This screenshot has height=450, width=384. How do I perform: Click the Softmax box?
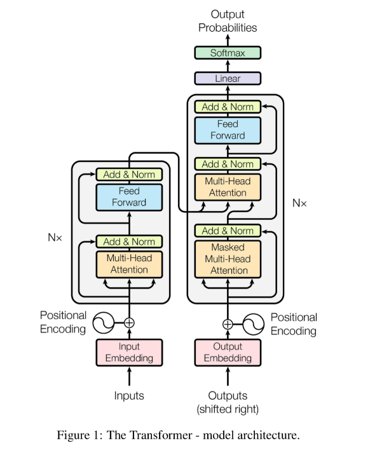[x=228, y=53]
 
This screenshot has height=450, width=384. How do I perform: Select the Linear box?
[x=228, y=78]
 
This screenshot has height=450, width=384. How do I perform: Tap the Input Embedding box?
[x=129, y=352]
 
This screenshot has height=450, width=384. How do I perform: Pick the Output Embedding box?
[x=228, y=352]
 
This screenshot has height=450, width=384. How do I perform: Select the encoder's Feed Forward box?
[x=129, y=196]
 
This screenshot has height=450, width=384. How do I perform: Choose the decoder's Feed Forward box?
[x=228, y=130]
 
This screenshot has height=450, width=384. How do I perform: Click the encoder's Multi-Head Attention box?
[x=129, y=264]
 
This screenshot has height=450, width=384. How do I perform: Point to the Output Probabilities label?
[x=228, y=21]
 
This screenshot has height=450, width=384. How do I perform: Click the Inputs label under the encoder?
[x=129, y=395]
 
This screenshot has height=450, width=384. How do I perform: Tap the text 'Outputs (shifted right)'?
[x=228, y=402]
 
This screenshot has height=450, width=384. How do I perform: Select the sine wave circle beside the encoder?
[x=104, y=322]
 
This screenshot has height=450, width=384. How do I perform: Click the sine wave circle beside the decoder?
[x=252, y=323]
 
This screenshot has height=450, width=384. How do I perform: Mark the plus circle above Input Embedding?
[x=129, y=322]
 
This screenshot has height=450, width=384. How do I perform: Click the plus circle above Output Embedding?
[x=228, y=323]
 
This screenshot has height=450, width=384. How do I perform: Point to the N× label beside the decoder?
[x=299, y=203]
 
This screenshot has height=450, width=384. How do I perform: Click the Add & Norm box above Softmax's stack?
[x=228, y=107]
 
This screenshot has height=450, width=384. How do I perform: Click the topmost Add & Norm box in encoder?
[x=129, y=174]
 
